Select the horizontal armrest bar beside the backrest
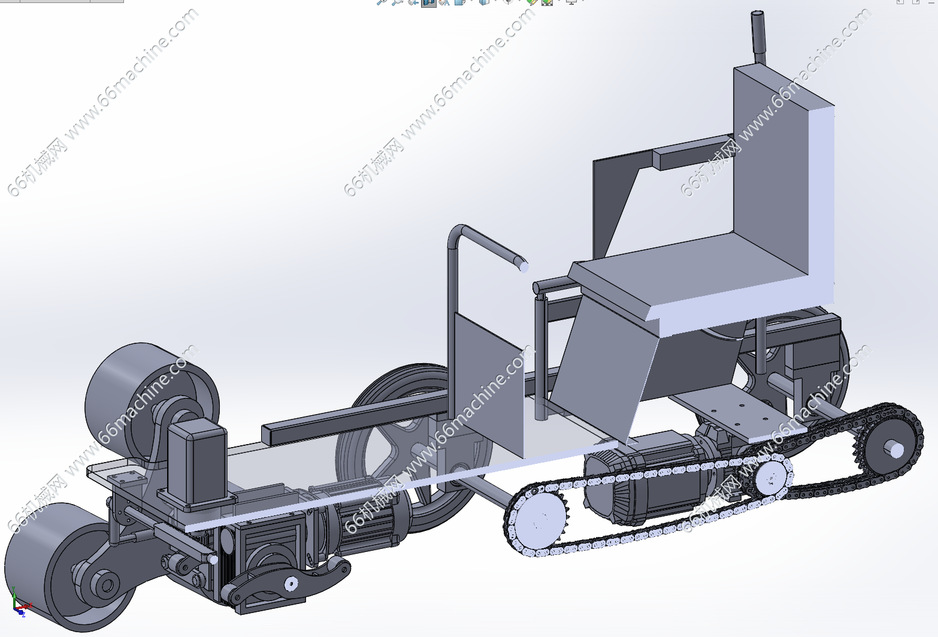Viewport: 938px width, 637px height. tap(693, 153)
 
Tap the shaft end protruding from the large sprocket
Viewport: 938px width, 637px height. tap(895, 450)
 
